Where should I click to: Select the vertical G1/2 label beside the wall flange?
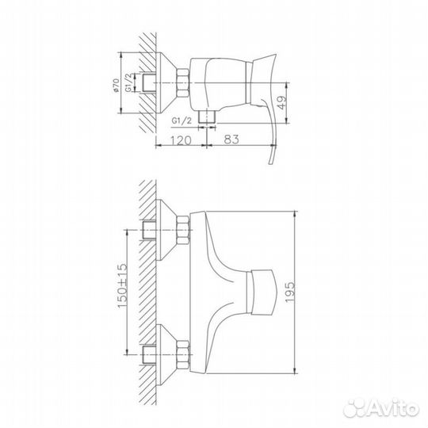(x=136, y=82)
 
